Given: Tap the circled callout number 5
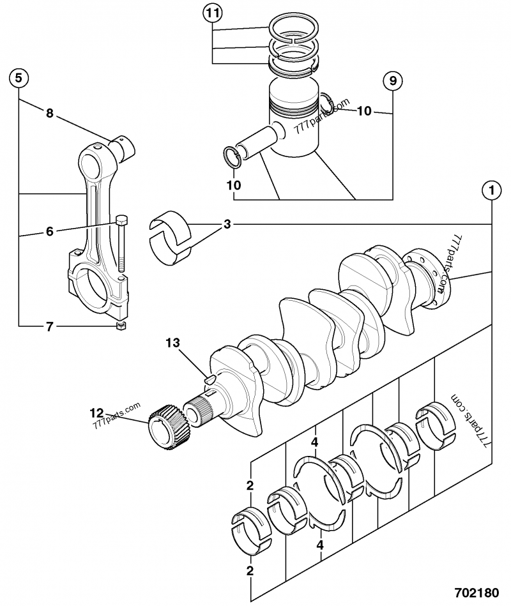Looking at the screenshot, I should (19, 79).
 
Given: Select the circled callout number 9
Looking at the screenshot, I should (393, 81).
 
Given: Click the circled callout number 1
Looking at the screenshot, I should (491, 190).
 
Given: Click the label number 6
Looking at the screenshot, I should (49, 232).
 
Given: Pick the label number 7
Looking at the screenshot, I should (49, 327).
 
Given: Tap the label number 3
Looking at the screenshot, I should (227, 225).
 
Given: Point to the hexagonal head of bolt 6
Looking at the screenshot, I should (122, 221).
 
